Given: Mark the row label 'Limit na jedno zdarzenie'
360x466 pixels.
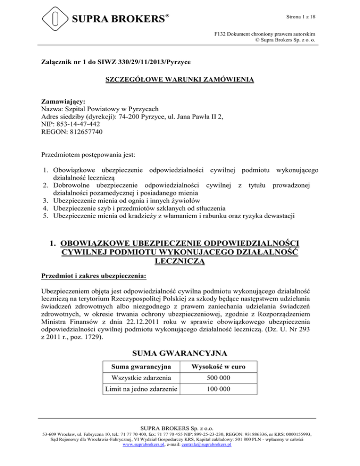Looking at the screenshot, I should point(138,389).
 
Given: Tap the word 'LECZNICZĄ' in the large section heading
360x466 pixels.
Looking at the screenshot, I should point(180,262).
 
